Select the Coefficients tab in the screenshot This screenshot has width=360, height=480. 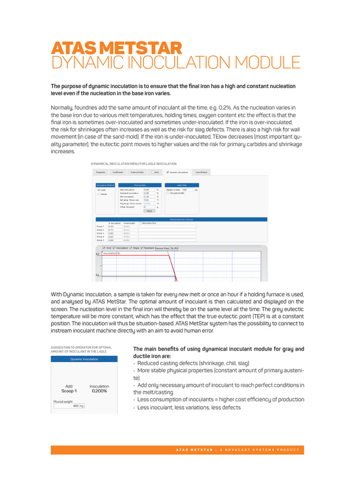pyautogui.click(x=118, y=172)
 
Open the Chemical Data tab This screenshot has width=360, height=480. pyautogui.click(x=137, y=172)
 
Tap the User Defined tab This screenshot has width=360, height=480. pyautogui.click(x=202, y=172)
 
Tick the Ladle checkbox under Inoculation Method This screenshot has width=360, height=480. pyautogui.click(x=98, y=190)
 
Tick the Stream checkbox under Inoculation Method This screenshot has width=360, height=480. pyautogui.click(x=98, y=194)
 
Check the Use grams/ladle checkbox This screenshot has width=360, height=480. pyautogui.click(x=168, y=193)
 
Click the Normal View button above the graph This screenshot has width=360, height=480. pyautogui.click(x=162, y=248)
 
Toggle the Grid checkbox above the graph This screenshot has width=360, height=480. pyautogui.click(x=104, y=248)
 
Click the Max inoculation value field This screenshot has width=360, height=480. pyautogui.click(x=149, y=190)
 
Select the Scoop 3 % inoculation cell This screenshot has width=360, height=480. pyautogui.click(x=114, y=233)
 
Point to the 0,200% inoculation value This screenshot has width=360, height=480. pyautogui.click(x=99, y=390)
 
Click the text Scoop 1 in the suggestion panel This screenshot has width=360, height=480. pyautogui.click(x=69, y=390)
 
